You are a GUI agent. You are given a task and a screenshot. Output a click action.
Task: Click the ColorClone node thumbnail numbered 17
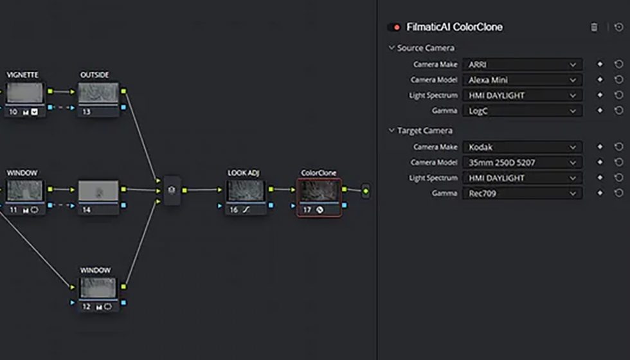[319, 190]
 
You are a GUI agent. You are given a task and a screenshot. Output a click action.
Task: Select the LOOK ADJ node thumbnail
[246, 190]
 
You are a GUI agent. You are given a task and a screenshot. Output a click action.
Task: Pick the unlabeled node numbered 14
[98, 190]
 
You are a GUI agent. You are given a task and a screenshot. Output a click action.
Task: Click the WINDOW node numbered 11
[24, 190]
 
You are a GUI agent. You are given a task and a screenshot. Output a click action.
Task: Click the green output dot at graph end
[366, 191]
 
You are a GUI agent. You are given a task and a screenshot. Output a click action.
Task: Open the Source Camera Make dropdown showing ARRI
[522, 64]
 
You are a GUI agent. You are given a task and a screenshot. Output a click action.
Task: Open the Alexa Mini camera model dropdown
[522, 80]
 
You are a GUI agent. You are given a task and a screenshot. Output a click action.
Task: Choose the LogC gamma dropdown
[522, 111]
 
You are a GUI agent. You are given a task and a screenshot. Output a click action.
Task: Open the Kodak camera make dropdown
[522, 147]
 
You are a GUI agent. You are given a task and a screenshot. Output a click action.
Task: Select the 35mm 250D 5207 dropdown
[522, 162]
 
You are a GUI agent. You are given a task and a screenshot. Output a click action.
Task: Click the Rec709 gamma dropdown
[522, 193]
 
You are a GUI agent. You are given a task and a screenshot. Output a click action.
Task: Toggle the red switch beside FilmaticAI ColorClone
[394, 28]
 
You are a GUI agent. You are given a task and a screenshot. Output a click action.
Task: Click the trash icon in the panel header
[594, 28]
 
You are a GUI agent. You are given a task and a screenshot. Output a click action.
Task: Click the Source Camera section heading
[425, 48]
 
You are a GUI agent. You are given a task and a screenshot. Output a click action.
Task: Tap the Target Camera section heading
[424, 130]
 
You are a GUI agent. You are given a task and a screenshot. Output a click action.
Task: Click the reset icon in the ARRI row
[618, 64]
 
